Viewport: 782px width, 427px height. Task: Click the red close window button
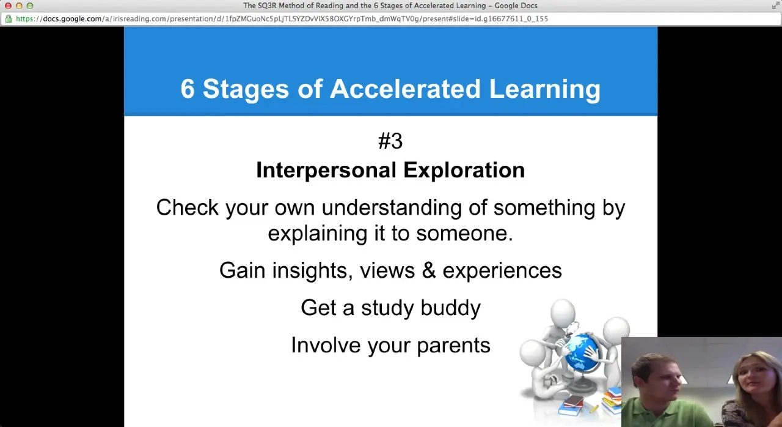pos(8,6)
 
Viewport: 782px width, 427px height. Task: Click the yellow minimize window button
pos(19,6)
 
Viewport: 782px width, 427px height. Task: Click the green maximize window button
pos(30,6)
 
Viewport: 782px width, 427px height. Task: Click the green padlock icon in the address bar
pos(9,19)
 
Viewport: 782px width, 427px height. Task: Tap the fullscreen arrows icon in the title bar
pos(776,6)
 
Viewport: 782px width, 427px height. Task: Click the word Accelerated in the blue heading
pos(405,89)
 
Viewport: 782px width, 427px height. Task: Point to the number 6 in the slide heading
pos(188,89)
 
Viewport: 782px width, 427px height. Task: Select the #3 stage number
pos(390,141)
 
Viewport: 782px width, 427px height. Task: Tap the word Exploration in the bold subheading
pos(464,170)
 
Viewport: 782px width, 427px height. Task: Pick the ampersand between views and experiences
pos(429,270)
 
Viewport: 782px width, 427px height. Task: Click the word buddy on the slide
pos(450,308)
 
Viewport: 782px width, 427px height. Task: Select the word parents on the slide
pos(453,346)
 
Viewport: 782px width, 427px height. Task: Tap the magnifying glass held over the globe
pos(573,330)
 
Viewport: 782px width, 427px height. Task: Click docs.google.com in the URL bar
pos(72,19)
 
